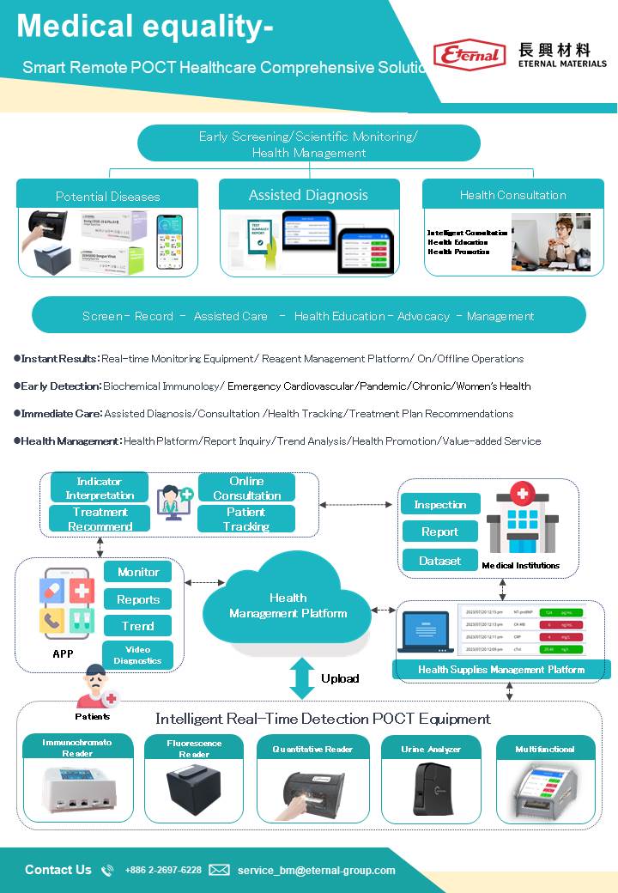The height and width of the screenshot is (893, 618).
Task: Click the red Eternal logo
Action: tap(470, 56)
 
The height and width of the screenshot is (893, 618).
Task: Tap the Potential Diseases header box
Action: tap(107, 195)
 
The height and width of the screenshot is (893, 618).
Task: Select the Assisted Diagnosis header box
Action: tap(309, 194)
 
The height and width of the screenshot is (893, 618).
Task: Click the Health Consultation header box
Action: tap(512, 194)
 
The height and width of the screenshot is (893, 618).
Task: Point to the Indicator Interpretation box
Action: tap(100, 488)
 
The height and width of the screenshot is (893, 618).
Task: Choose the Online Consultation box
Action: tap(246, 488)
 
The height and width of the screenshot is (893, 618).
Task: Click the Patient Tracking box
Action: tap(246, 519)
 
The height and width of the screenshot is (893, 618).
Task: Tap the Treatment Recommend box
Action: tap(100, 519)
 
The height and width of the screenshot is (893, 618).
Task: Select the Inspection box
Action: tap(439, 504)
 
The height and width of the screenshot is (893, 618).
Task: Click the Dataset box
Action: tap(439, 560)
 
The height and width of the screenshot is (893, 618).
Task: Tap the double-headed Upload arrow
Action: tap(301, 677)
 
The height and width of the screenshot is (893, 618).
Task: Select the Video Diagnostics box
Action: tap(137, 654)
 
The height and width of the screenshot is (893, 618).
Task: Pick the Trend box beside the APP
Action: tap(137, 626)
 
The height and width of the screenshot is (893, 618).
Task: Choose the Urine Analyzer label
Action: tap(431, 749)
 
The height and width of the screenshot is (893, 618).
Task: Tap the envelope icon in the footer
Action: tap(219, 870)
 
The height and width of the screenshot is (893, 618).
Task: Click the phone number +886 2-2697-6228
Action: tap(163, 870)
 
